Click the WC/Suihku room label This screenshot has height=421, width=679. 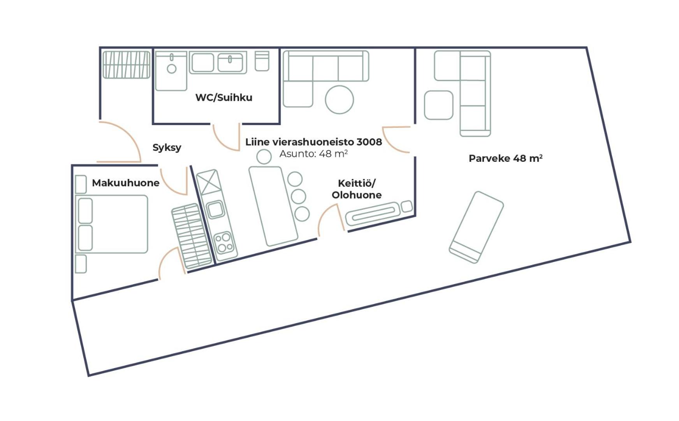pos(224,97)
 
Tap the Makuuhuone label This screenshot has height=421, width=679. pos(125,183)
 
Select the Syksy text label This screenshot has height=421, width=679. pos(167,148)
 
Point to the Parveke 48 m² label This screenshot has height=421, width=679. pos(505,158)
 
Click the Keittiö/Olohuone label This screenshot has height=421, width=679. pos(357,189)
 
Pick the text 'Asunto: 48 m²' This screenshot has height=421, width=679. pos(313,154)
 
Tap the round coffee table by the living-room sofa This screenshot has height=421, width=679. pos(339,100)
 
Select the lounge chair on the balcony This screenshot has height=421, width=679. pos(476,227)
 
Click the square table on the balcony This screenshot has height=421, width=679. pos(439,105)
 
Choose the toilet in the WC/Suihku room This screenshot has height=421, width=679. pos(262,61)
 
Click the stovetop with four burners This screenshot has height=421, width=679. pos(225,242)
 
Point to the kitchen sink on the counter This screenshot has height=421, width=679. pos(215,209)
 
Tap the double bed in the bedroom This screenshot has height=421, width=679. pos(113,224)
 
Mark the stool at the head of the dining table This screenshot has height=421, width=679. pos(264,157)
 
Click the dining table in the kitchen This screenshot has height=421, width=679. pos(273,206)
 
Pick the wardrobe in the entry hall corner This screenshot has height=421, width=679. pos(126,65)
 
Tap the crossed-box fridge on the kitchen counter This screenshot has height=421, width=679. pos(209,182)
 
